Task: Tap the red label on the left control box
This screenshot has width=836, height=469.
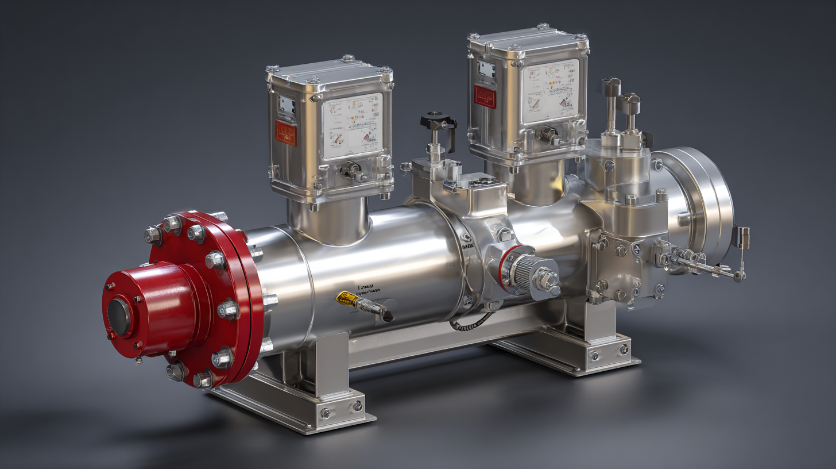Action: [285, 133]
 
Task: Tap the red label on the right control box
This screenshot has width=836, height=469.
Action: [485, 97]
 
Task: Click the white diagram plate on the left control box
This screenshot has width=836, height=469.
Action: [352, 126]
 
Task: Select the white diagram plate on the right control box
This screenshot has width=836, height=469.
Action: [549, 91]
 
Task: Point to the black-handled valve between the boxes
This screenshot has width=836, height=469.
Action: [438, 122]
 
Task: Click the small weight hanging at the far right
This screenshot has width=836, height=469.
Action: [744, 237]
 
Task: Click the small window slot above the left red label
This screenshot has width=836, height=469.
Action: [285, 105]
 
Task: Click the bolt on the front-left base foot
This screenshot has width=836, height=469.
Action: [326, 413]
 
